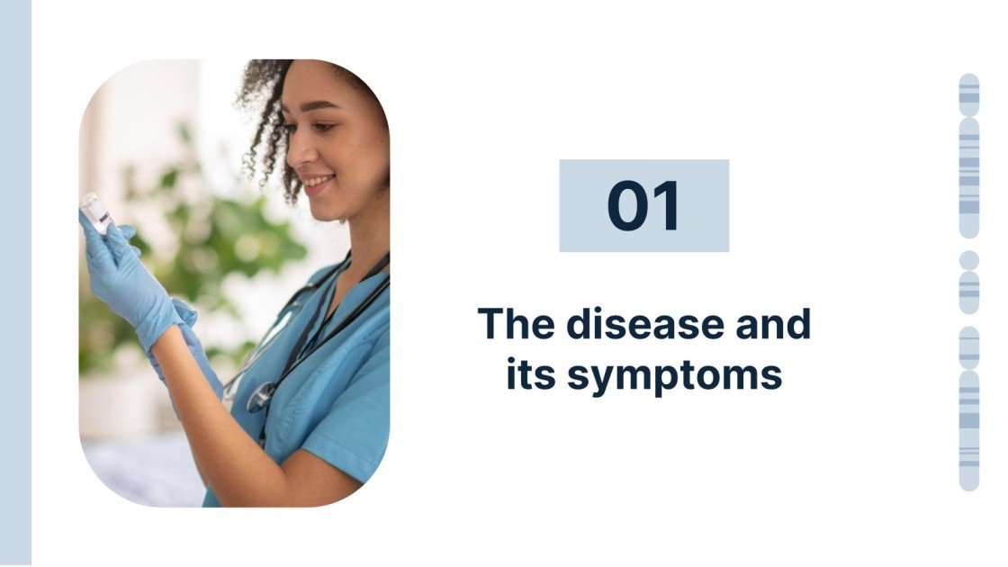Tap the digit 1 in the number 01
point(667,206)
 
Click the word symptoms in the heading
point(675,374)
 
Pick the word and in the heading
point(774,324)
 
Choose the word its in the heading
point(528,373)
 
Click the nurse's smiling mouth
point(316,184)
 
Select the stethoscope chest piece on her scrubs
point(260,396)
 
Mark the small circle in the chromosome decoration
point(969,260)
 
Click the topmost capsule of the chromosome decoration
point(969,94)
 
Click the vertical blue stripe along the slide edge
point(15,283)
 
